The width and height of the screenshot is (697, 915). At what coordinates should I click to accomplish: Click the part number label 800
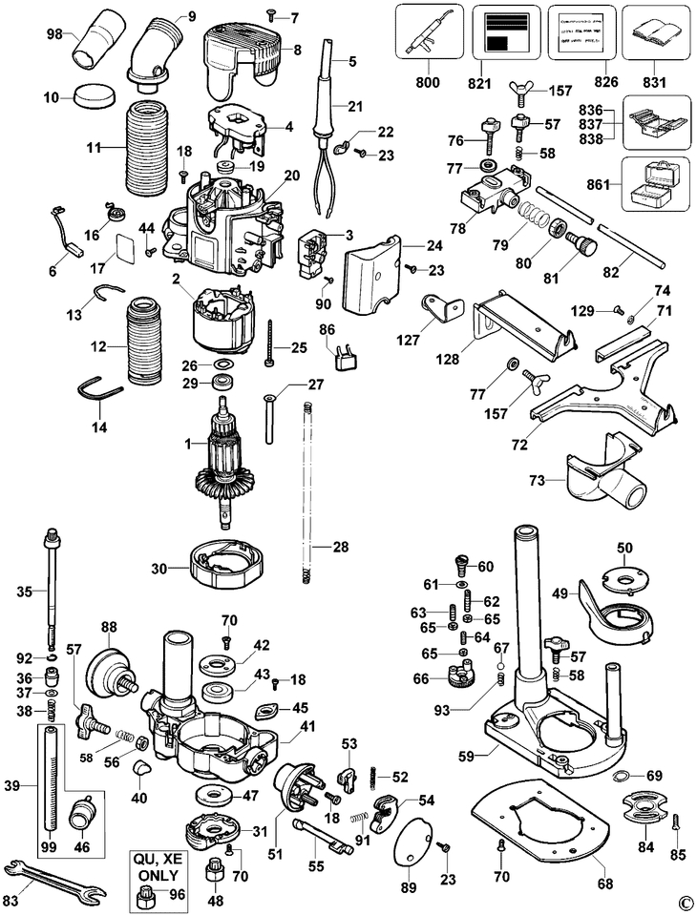pos(428,83)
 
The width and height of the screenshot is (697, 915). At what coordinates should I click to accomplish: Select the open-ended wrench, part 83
pos(54,878)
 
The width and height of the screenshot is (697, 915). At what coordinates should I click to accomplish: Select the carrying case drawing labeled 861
pos(653,184)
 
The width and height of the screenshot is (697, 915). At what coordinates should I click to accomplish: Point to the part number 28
pos(340,547)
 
